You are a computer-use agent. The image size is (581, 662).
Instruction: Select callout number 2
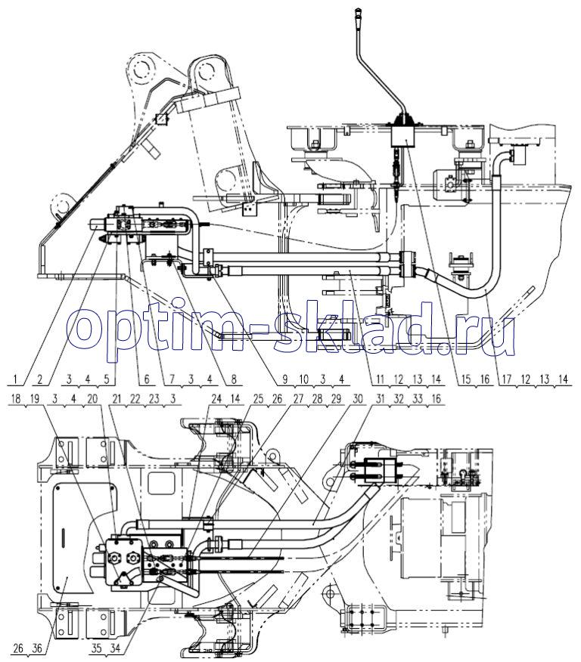pos(40,379)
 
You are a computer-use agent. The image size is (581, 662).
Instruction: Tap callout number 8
pos(234,379)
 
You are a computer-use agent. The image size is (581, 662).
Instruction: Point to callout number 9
pos(285,379)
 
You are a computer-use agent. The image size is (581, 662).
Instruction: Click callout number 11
pos(380,379)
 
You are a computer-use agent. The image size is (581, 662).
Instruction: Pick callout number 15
pos(466,379)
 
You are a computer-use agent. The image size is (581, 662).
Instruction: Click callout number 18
pos(15,399)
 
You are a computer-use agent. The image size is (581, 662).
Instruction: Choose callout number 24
pos(216,399)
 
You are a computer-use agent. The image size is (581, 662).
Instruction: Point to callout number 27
pos(298,399)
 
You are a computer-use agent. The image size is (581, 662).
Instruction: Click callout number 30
pos(357,399)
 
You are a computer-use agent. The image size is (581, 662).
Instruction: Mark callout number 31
pos(380,399)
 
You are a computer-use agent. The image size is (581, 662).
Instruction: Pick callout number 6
pos(147,379)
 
